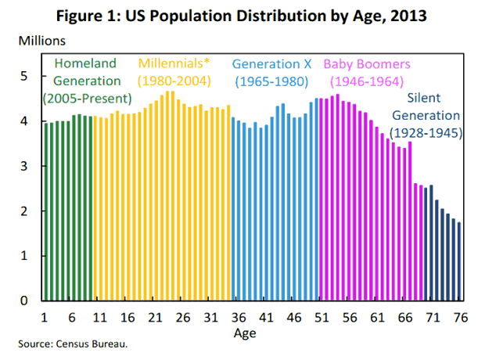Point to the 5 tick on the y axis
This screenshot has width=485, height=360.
pos(24,76)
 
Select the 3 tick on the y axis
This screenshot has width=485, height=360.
pos(24,166)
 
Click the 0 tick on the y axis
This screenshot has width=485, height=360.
pos(24,301)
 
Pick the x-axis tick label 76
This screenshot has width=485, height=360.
pos(458,319)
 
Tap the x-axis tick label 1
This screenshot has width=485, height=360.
pos(45,319)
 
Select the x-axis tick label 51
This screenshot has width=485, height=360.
pos(322,319)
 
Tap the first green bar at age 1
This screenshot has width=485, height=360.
pos(45,211)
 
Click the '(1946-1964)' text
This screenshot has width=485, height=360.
pos(366,81)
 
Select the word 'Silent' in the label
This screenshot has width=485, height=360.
pos(428,98)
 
